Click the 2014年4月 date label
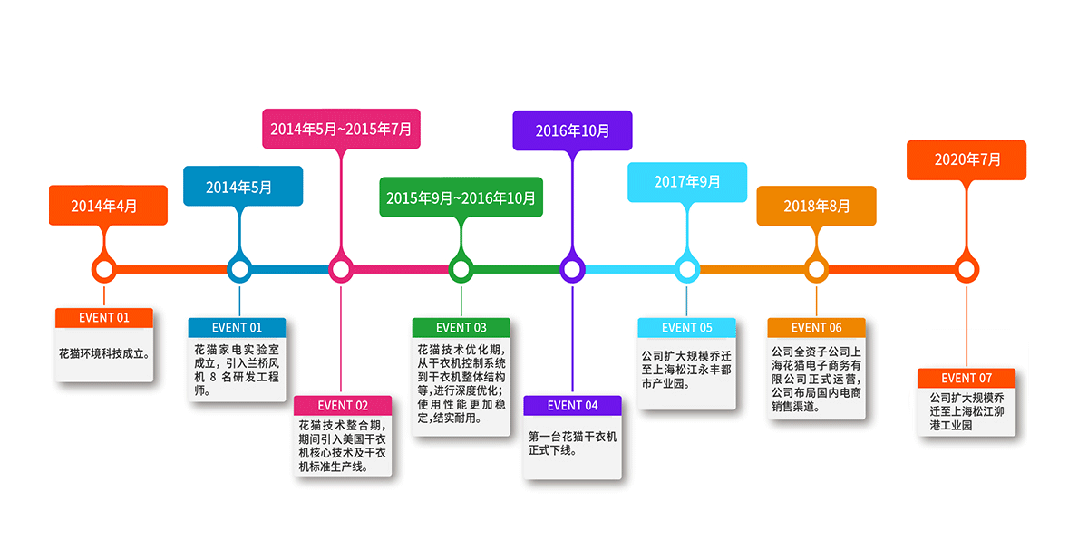tap(107, 206)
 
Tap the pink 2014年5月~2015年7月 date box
tap(341, 129)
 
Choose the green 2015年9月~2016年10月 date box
tap(461, 197)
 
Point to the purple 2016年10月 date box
tap(572, 130)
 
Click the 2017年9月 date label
tap(686, 182)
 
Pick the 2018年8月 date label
tap(816, 206)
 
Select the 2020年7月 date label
tap(967, 160)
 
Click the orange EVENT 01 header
tap(104, 318)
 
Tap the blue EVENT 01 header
tap(237, 327)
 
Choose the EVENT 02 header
tap(343, 405)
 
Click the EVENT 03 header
tap(461, 327)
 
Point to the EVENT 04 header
tap(572, 405)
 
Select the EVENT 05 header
tap(686, 327)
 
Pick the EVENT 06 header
tap(816, 327)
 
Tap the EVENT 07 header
tap(967, 378)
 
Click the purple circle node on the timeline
tap(571, 269)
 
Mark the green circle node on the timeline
tap(461, 269)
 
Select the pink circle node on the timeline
tap(340, 269)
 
